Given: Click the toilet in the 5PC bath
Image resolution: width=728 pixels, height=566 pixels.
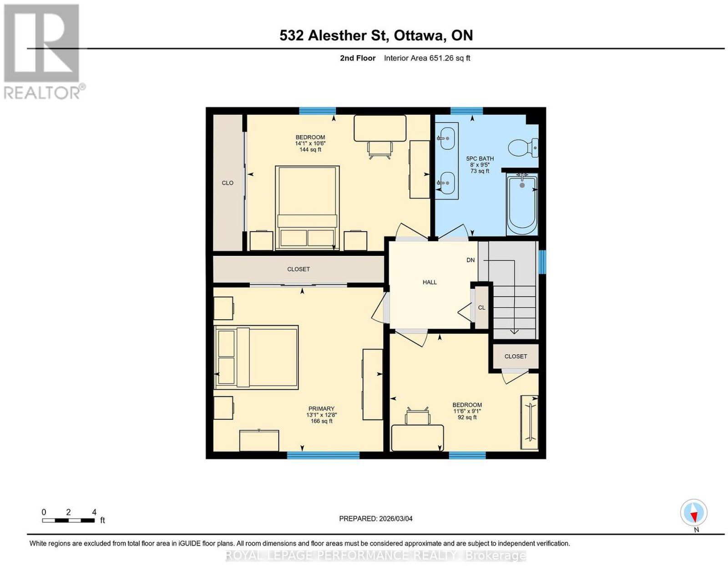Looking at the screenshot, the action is [523, 148].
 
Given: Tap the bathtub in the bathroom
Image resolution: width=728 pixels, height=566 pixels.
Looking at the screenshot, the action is [522, 204].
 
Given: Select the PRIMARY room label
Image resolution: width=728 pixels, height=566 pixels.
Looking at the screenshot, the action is [321, 408].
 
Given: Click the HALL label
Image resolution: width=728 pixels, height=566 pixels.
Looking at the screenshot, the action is [430, 282].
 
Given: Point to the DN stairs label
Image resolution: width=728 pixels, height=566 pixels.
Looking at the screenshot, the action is [470, 260].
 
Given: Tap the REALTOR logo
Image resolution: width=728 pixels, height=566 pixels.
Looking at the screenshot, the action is [43, 52].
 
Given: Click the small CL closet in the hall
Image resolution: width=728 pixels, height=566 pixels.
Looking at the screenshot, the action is [482, 307].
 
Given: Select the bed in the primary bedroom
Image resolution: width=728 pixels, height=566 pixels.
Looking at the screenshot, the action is [256, 357].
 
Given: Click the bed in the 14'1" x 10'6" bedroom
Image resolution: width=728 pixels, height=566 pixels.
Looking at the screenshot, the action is [307, 208].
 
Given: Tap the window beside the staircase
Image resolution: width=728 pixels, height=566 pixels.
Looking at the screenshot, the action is [542, 261].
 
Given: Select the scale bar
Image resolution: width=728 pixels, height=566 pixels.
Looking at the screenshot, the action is [68, 520].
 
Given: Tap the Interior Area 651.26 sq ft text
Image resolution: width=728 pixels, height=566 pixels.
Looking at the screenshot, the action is [427, 58].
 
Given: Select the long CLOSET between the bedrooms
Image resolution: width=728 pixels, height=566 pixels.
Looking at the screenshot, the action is [298, 269].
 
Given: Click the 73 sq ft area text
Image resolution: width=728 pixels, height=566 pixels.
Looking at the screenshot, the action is [480, 171].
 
